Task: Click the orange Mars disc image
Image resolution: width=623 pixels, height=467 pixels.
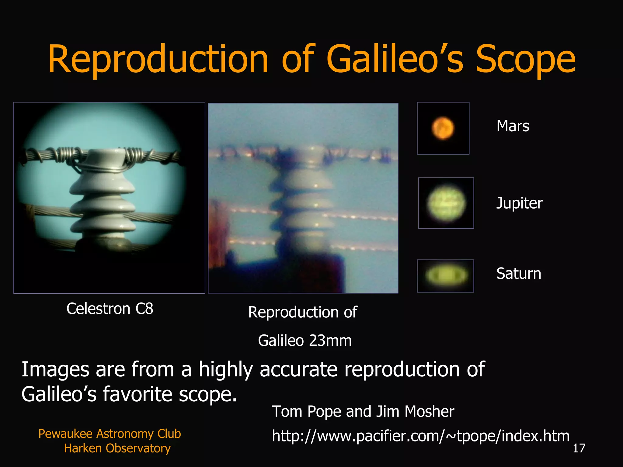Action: [443, 128]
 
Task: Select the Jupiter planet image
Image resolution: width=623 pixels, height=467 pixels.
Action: [446, 203]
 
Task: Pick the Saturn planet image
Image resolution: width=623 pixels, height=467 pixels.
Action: [445, 276]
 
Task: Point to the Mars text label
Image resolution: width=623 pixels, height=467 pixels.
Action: [513, 126]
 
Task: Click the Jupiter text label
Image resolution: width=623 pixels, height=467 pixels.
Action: [519, 203]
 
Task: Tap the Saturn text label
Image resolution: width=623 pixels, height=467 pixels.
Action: [519, 273]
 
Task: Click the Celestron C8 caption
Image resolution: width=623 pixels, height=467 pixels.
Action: [110, 309]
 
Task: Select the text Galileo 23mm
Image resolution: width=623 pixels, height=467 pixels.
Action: [305, 340]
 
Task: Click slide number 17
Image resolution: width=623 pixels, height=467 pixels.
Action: [579, 448]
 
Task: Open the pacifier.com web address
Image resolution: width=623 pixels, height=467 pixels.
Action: [420, 436]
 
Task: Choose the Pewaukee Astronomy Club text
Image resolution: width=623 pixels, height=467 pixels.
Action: [110, 434]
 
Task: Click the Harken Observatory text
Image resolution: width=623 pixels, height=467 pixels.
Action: [117, 448]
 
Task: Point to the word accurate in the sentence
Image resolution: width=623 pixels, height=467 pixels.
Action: [298, 369]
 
